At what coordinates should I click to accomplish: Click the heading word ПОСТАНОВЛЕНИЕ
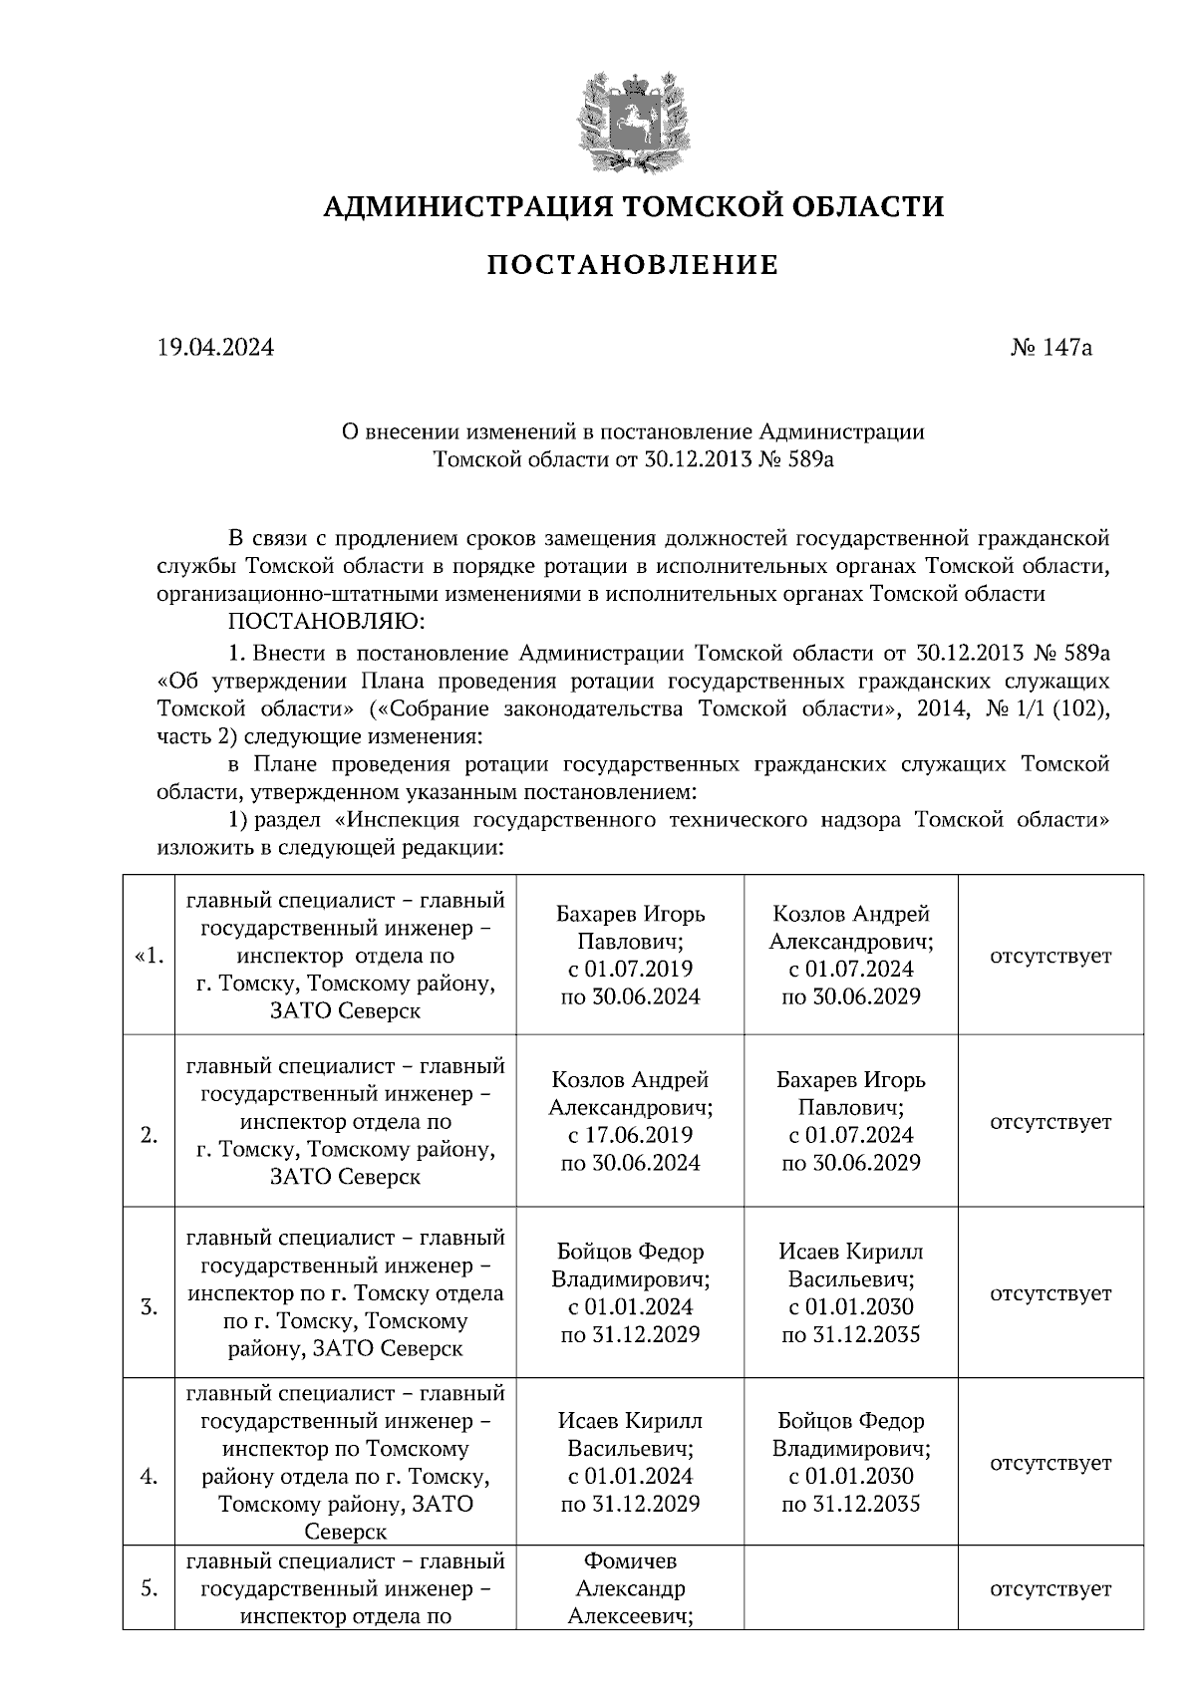click(633, 266)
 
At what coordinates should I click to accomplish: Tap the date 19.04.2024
click(215, 348)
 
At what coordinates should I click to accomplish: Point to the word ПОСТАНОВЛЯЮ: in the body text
click(326, 623)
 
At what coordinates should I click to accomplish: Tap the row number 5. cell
click(148, 1588)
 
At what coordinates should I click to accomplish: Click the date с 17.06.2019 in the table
click(630, 1135)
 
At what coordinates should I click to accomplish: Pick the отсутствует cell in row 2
click(1050, 1122)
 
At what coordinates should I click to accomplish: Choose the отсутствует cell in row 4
click(1050, 1463)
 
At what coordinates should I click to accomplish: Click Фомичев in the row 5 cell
click(630, 1560)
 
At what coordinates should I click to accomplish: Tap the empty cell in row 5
click(850, 1588)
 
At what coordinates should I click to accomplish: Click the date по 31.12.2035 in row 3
click(850, 1334)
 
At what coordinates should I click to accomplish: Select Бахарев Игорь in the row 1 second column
click(630, 915)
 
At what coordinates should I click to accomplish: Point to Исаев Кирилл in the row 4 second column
click(630, 1420)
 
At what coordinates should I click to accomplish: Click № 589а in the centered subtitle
click(786, 460)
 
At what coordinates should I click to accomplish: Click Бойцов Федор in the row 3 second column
click(630, 1252)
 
